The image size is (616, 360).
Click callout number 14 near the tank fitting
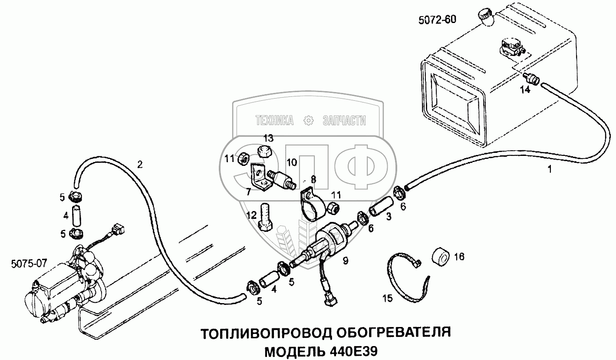pos(525,90)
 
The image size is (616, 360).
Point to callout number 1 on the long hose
pos(550,170)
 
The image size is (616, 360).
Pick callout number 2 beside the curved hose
pos(140,164)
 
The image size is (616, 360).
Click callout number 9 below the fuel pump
pos(345,261)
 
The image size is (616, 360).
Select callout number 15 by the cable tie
pos(387,298)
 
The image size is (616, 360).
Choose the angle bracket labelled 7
pos(260,179)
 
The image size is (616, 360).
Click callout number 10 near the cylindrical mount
pos(292,162)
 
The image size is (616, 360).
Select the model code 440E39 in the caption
pos(355,350)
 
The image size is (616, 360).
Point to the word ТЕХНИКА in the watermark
pos(274,121)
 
